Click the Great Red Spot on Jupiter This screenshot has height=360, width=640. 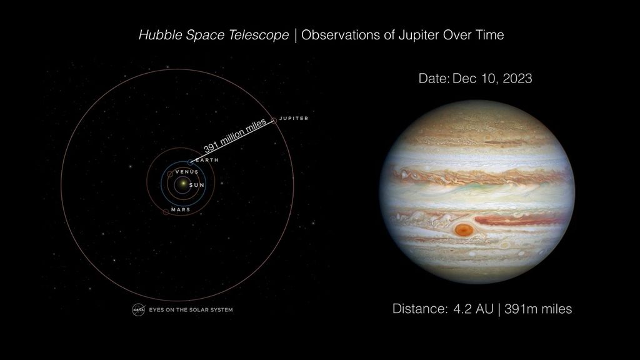464,230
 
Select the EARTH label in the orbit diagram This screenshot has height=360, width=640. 207,160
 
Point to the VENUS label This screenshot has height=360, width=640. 186,171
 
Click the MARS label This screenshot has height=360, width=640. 181,210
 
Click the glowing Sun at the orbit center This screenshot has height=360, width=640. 181,184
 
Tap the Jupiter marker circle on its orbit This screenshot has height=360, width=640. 274,120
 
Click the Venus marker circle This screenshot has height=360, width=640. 170,173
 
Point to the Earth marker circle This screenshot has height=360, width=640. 191,162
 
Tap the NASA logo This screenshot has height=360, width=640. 138,309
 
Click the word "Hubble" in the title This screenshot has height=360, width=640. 159,35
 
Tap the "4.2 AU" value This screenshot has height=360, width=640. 473,309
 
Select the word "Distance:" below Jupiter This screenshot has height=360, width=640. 419,309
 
